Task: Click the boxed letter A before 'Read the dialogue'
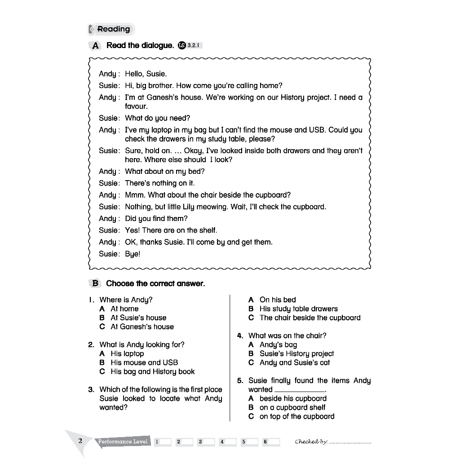pyautogui.click(x=95, y=45)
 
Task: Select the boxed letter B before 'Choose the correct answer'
pyautogui.click(x=95, y=283)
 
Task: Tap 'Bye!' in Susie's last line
pyautogui.click(x=133, y=254)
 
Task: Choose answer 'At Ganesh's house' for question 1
pyautogui.click(x=142, y=327)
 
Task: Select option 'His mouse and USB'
pyautogui.click(x=144, y=363)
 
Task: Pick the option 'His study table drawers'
pyautogui.click(x=298, y=309)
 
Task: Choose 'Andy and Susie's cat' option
pyautogui.click(x=294, y=363)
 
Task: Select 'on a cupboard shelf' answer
pyautogui.click(x=292, y=407)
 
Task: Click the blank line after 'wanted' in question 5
pyautogui.click(x=299, y=390)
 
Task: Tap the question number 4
pyautogui.click(x=240, y=336)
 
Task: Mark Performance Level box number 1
pyautogui.click(x=163, y=442)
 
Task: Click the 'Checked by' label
pyautogui.click(x=311, y=442)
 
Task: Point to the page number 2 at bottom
pyautogui.click(x=80, y=441)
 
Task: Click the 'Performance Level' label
pyautogui.click(x=123, y=442)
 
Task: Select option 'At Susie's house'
pyautogui.click(x=138, y=318)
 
